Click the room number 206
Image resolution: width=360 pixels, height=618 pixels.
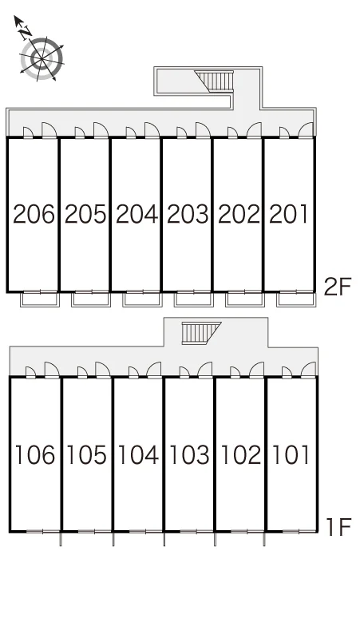pyautogui.click(x=34, y=215)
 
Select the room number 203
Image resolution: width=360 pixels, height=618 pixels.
pyautogui.click(x=188, y=215)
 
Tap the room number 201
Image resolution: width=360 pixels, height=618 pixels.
pyautogui.click(x=289, y=215)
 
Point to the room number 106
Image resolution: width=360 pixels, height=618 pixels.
pyautogui.click(x=34, y=454)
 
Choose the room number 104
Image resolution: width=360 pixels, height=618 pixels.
pyautogui.click(x=138, y=454)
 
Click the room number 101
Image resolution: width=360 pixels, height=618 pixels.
pyautogui.click(x=291, y=454)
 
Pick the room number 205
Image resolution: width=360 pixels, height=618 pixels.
pyautogui.click(x=85, y=215)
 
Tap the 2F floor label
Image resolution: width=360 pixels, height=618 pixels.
pyautogui.click(x=337, y=287)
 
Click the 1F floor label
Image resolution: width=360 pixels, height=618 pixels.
pyautogui.click(x=339, y=526)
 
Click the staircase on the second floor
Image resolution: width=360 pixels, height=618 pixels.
pyautogui.click(x=216, y=80)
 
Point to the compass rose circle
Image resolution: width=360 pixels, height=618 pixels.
pyautogui.click(x=42, y=58)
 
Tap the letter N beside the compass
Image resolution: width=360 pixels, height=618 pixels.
pyautogui.click(x=26, y=32)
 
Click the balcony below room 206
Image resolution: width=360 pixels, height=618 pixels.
pyautogui.click(x=39, y=299)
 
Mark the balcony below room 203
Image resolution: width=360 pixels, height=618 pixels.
pyautogui.click(x=193, y=299)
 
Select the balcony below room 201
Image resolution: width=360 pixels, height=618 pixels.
pyautogui.click(x=296, y=299)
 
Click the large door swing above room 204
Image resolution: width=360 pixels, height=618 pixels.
pyautogui.click(x=152, y=130)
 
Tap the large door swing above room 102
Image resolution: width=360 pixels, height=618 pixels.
pyautogui.click(x=256, y=370)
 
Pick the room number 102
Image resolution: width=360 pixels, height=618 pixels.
pyautogui.click(x=240, y=454)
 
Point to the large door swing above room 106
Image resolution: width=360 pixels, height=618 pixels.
pyautogui.click(x=52, y=370)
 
